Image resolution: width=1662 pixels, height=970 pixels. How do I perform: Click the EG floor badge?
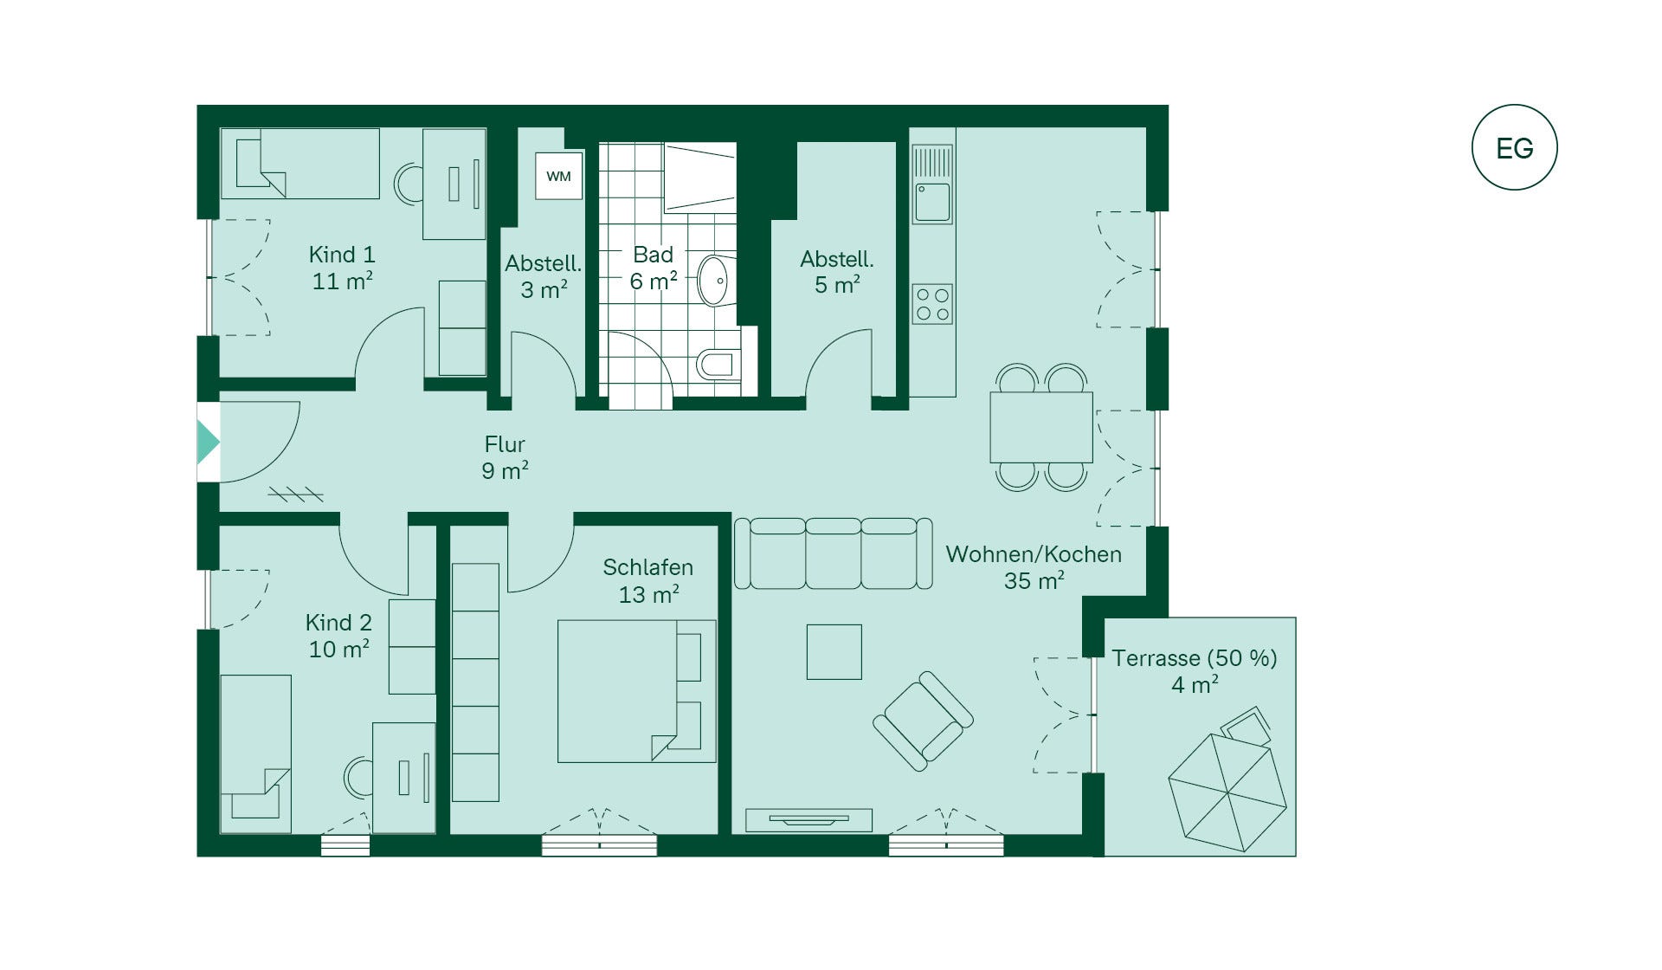pyautogui.click(x=1514, y=147)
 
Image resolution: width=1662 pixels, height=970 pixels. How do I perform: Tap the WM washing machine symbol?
pyautogui.click(x=558, y=177)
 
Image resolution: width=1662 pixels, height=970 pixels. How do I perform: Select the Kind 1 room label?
pyautogui.click(x=342, y=267)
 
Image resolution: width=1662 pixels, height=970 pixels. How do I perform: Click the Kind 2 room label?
pyautogui.click(x=338, y=635)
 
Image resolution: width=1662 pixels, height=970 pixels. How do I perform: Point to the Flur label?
pyautogui.click(x=505, y=456)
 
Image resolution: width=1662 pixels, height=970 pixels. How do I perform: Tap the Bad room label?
pyautogui.click(x=653, y=268)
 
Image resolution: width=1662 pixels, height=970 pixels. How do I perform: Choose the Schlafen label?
pyautogui.click(x=647, y=580)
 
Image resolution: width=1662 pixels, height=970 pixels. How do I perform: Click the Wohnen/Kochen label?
pyautogui.click(x=1034, y=566)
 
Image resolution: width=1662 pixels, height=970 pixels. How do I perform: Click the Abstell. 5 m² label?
pyautogui.click(x=837, y=271)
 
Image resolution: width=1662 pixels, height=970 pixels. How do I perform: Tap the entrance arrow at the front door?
pyautogui.click(x=208, y=442)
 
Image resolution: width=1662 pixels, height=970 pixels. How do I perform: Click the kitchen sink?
pyautogui.click(x=933, y=201)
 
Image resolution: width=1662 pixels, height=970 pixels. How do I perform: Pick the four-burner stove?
pyautogui.click(x=932, y=304)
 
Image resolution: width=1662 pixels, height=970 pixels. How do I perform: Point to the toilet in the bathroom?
pyautogui.click(x=718, y=364)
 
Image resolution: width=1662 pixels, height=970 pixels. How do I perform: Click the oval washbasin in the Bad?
pyautogui.click(x=713, y=280)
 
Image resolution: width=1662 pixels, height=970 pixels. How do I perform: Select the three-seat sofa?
pyautogui.click(x=833, y=553)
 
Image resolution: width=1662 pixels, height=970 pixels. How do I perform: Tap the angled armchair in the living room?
pyautogui.click(x=923, y=721)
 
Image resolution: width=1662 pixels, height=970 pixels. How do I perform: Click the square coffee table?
pyautogui.click(x=834, y=651)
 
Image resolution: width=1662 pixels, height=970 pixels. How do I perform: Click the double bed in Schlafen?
pyautogui.click(x=636, y=691)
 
